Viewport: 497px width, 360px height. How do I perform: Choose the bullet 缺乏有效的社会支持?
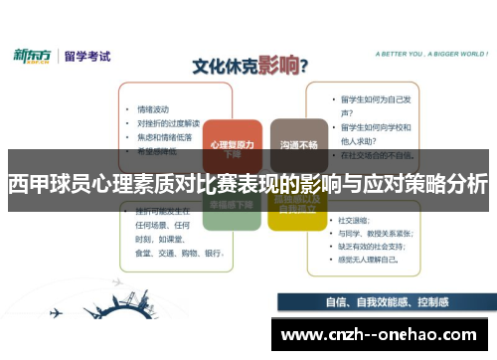[x=378, y=245]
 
